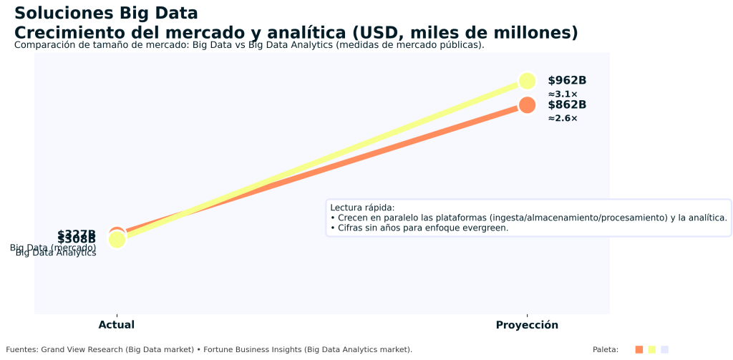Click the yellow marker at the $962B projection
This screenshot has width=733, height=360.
pos(527,81)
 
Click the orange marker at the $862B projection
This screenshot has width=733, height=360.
pos(527,105)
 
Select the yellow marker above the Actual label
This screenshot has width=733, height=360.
pos(117,240)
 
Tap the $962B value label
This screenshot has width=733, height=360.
pos(567,81)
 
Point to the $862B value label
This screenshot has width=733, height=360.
pos(567,105)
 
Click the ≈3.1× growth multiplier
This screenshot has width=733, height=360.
pos(563,94)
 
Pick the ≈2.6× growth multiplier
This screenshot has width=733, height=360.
pos(563,119)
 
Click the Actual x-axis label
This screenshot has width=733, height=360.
pos(117,325)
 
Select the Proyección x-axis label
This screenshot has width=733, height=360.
pos(527,325)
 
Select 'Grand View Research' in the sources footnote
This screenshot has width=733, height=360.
pos(81,349)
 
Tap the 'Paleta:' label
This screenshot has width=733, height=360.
pos(606,349)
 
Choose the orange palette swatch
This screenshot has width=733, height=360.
pos(639,349)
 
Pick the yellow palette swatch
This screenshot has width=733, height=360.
pos(651,349)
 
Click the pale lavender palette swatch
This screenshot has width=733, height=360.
pos(664,349)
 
